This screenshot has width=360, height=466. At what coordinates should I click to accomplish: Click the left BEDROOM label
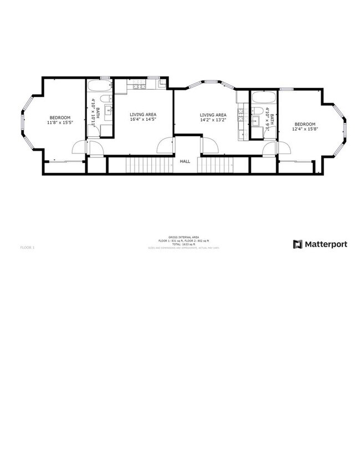coord(60,117)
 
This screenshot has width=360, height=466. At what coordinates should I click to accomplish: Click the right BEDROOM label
coord(305,124)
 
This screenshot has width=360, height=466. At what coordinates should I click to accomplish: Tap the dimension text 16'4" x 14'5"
coord(143,119)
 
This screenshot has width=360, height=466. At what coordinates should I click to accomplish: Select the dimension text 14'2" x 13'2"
coord(213,119)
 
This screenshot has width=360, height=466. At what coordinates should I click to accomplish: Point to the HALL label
coord(185,162)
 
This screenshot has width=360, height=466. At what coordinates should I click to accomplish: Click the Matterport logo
coord(320,244)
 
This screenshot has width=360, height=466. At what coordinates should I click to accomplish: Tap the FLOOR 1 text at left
coord(27,247)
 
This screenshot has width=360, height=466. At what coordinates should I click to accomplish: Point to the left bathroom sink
coord(109,111)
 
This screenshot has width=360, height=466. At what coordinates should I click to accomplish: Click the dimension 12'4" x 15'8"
coord(305,129)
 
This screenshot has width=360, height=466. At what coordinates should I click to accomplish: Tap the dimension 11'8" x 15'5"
coord(60,122)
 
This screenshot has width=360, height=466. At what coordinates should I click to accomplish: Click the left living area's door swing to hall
coord(166,146)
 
